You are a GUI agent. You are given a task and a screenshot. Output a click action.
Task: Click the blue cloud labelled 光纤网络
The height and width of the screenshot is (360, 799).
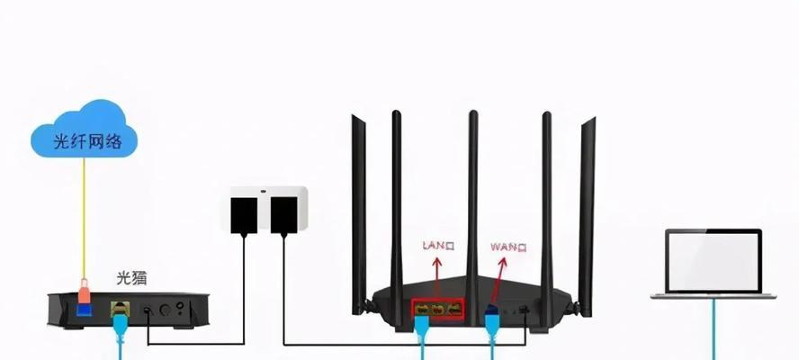pos(84,130)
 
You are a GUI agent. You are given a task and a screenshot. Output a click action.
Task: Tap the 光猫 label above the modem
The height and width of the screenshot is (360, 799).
pos(131,278)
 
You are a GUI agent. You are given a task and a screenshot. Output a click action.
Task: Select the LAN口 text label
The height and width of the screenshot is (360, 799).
pos(438,247)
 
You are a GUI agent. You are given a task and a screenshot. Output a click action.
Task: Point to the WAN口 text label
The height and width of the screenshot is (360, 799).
pos(508,247)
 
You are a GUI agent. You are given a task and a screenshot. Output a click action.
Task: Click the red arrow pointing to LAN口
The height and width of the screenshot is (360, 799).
pos(437,277)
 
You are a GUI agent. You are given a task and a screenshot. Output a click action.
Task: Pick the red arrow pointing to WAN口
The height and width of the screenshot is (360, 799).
pos(498,278)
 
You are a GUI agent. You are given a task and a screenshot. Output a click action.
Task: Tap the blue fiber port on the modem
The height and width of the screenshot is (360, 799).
pos(84,309)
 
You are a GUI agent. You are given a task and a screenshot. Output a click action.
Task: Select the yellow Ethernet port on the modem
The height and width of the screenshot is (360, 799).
pos(120,309)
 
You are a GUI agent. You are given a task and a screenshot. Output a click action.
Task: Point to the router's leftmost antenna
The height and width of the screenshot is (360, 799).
pos(359,214)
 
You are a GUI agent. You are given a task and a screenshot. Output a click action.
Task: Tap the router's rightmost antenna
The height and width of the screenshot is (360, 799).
pos(587,217)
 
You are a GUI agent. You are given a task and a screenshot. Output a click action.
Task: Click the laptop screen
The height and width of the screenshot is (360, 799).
pos(714,261)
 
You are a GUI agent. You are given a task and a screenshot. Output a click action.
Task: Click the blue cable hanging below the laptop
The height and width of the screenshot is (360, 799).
pos(714,329)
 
